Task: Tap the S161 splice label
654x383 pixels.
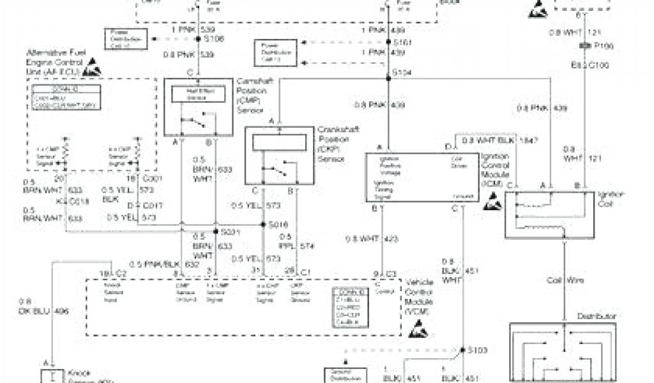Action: pyautogui.click(x=399, y=41)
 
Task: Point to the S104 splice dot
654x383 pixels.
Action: pyautogui.click(x=388, y=79)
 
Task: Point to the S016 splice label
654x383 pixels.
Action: pyautogui.click(x=278, y=225)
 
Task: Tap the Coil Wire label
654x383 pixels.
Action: pyautogui.click(x=563, y=280)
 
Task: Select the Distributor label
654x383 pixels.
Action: pyautogui.click(x=596, y=316)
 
